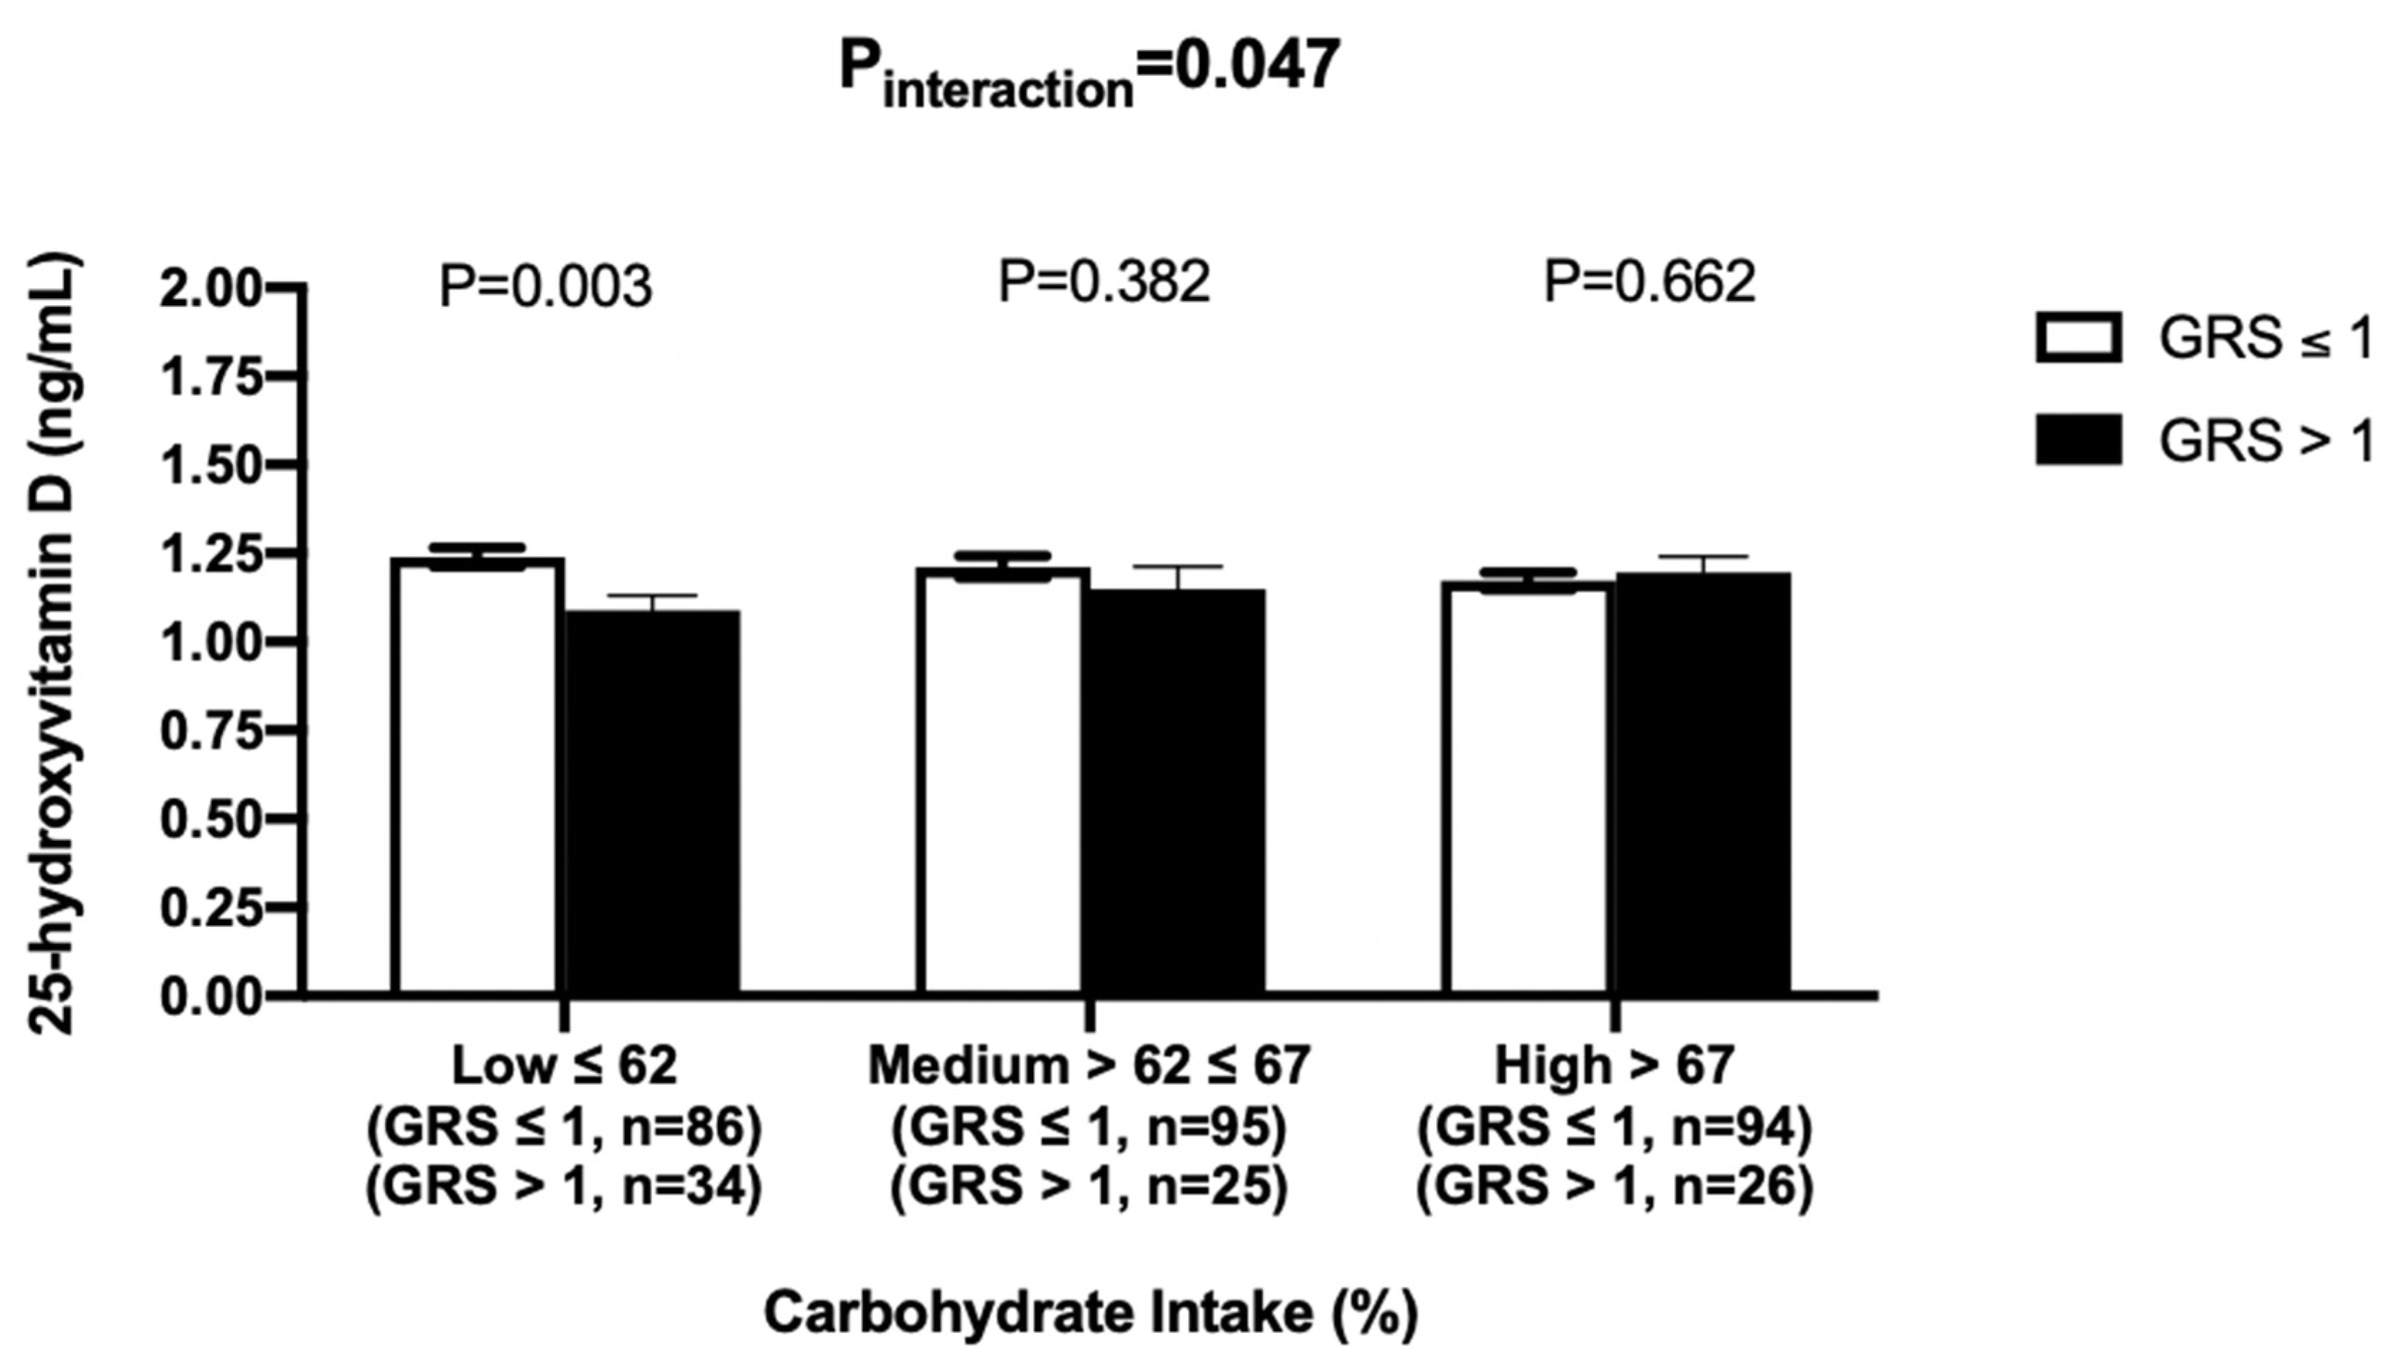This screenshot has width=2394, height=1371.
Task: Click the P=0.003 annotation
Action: pyautogui.click(x=546, y=286)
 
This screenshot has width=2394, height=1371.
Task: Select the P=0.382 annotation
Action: pyautogui.click(x=1103, y=282)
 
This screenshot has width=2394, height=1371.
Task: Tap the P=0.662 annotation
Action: pyautogui.click(x=1649, y=282)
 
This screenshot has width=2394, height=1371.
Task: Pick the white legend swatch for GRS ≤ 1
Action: pyautogui.click(x=2078, y=337)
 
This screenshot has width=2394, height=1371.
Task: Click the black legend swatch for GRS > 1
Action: pyautogui.click(x=2078, y=440)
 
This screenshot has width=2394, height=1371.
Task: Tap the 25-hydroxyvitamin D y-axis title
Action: pyautogui.click(x=54, y=644)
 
